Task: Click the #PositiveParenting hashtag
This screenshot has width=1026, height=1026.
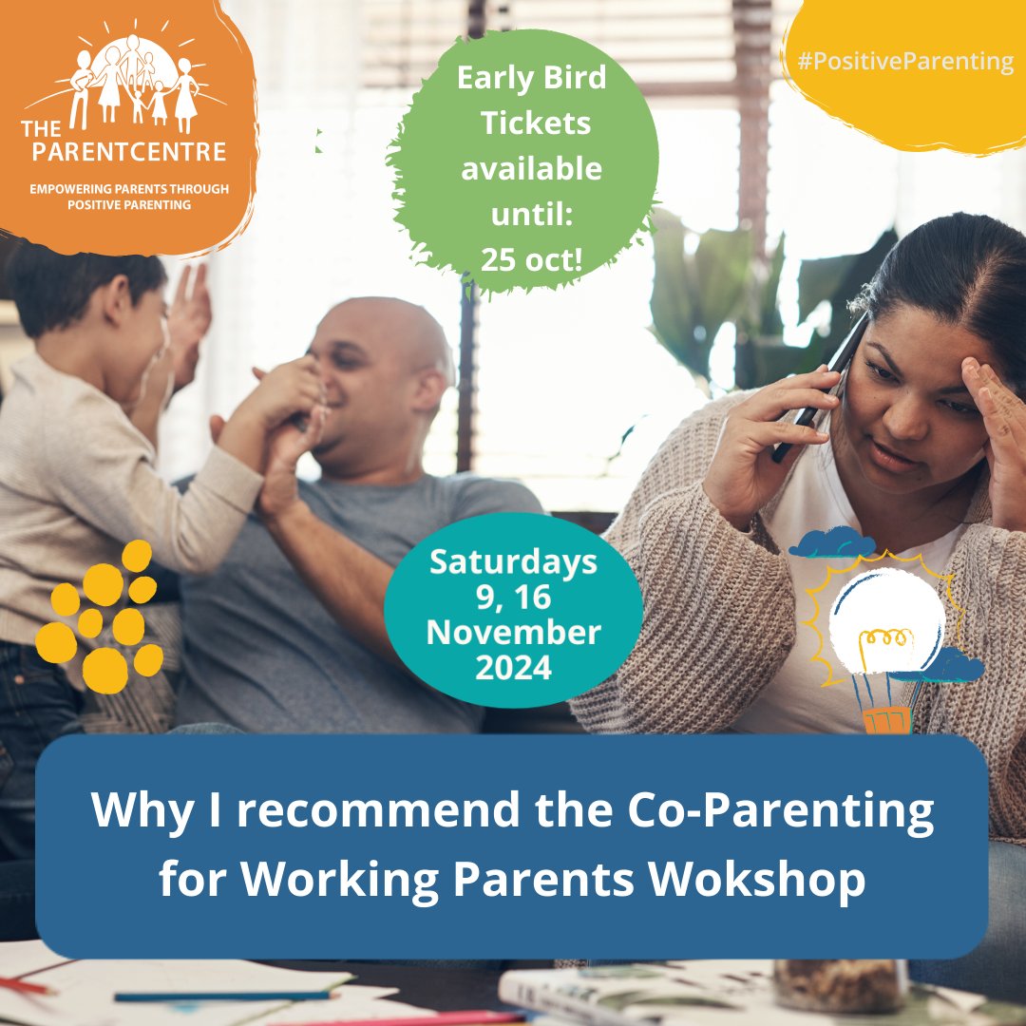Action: coord(905,63)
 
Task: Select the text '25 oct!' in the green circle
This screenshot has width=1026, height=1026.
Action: coord(531,258)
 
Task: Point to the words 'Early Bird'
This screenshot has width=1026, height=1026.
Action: coord(531,77)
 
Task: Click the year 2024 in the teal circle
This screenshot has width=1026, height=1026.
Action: coord(514,667)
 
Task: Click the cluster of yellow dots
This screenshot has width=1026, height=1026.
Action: coord(100,617)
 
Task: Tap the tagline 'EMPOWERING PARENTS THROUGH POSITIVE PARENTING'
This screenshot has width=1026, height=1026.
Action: coord(129,197)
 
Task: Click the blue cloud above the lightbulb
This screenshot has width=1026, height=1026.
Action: coord(831,543)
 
